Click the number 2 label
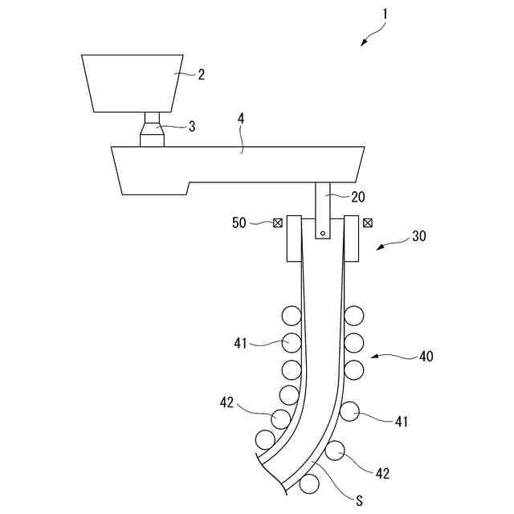pos(201,75)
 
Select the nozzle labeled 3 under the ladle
pos(153,131)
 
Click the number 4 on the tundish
pos(242,119)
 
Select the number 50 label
pos(240,223)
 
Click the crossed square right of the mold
pos(368,223)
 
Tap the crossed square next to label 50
pos(277,223)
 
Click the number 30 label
pos(419,237)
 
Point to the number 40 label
pos(426,356)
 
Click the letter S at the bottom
pos(360,501)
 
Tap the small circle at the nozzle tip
pos(322,234)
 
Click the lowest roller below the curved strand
pos(308,484)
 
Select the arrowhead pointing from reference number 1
pos(363,43)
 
